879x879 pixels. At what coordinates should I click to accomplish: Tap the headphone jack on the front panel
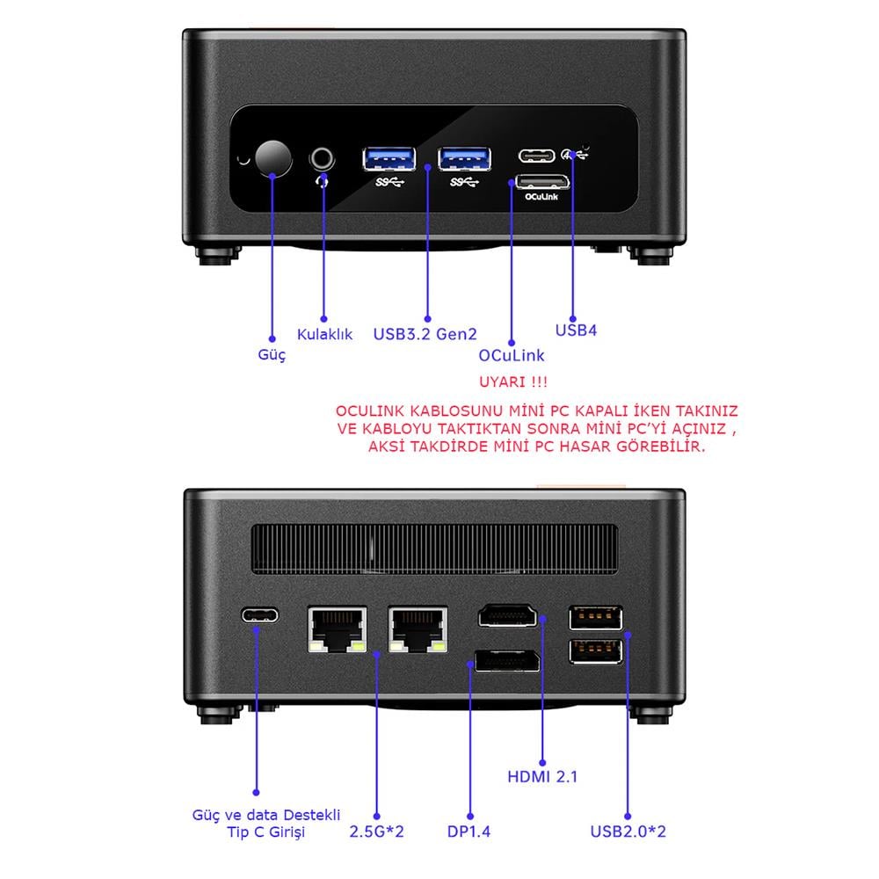[323, 158]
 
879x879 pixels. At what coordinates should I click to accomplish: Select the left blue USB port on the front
[389, 158]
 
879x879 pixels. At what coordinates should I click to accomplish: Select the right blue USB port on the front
[465, 158]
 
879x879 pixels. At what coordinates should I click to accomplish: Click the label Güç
[272, 356]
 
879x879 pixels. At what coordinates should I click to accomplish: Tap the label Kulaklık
[324, 334]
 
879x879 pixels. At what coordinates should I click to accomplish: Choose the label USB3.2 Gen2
[425, 334]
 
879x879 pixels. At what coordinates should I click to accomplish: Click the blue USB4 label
[577, 331]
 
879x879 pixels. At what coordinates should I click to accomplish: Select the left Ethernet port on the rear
[337, 629]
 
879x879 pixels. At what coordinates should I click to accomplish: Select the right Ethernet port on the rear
[418, 629]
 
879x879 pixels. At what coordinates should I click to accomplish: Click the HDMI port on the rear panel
[507, 615]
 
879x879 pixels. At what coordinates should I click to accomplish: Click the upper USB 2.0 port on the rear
[596, 619]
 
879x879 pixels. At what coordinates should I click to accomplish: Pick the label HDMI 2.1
[542, 776]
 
